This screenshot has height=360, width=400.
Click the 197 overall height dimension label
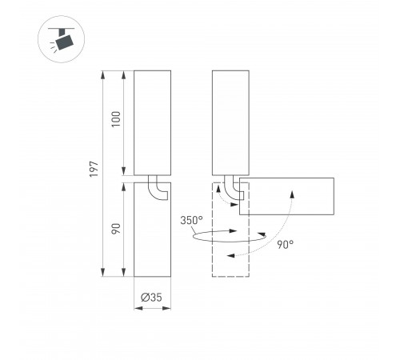click(94, 169)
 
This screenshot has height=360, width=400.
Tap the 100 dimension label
click(116, 119)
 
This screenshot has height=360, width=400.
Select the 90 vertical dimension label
click(116, 229)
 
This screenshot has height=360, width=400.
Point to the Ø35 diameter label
click(151, 297)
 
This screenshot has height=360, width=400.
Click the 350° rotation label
click(191, 220)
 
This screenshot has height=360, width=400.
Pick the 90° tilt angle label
click(285, 244)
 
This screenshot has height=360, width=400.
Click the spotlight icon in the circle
click(62, 39)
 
